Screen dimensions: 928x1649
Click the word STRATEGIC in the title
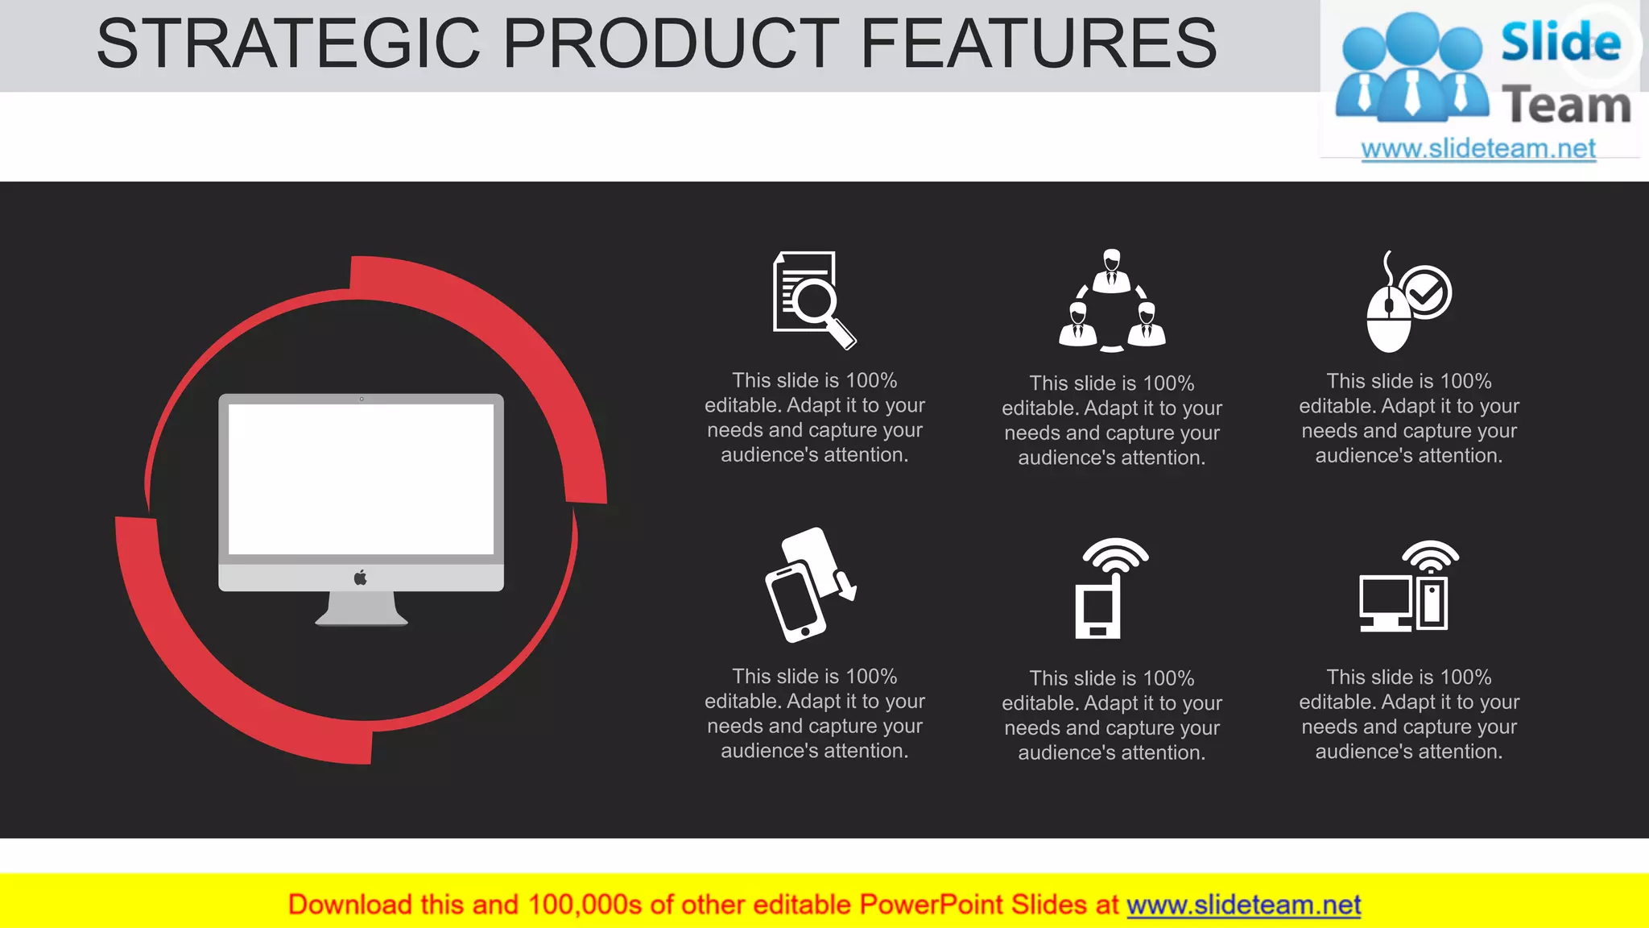287,43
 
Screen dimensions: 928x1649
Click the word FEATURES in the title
1039,43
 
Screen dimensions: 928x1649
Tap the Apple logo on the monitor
361,578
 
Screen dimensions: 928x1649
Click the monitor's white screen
361,478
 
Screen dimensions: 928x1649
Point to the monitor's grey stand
362,609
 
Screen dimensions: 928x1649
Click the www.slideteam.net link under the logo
1478,149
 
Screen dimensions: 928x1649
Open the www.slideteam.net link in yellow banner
1243,905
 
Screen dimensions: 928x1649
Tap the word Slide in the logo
1560,42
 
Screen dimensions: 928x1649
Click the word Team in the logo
1566,106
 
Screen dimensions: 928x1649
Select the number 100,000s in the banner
585,905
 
